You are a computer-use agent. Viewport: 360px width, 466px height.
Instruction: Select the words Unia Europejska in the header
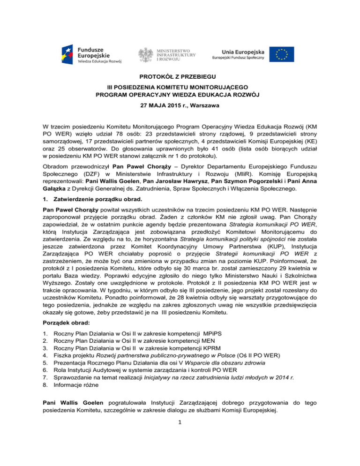click(x=239, y=51)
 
